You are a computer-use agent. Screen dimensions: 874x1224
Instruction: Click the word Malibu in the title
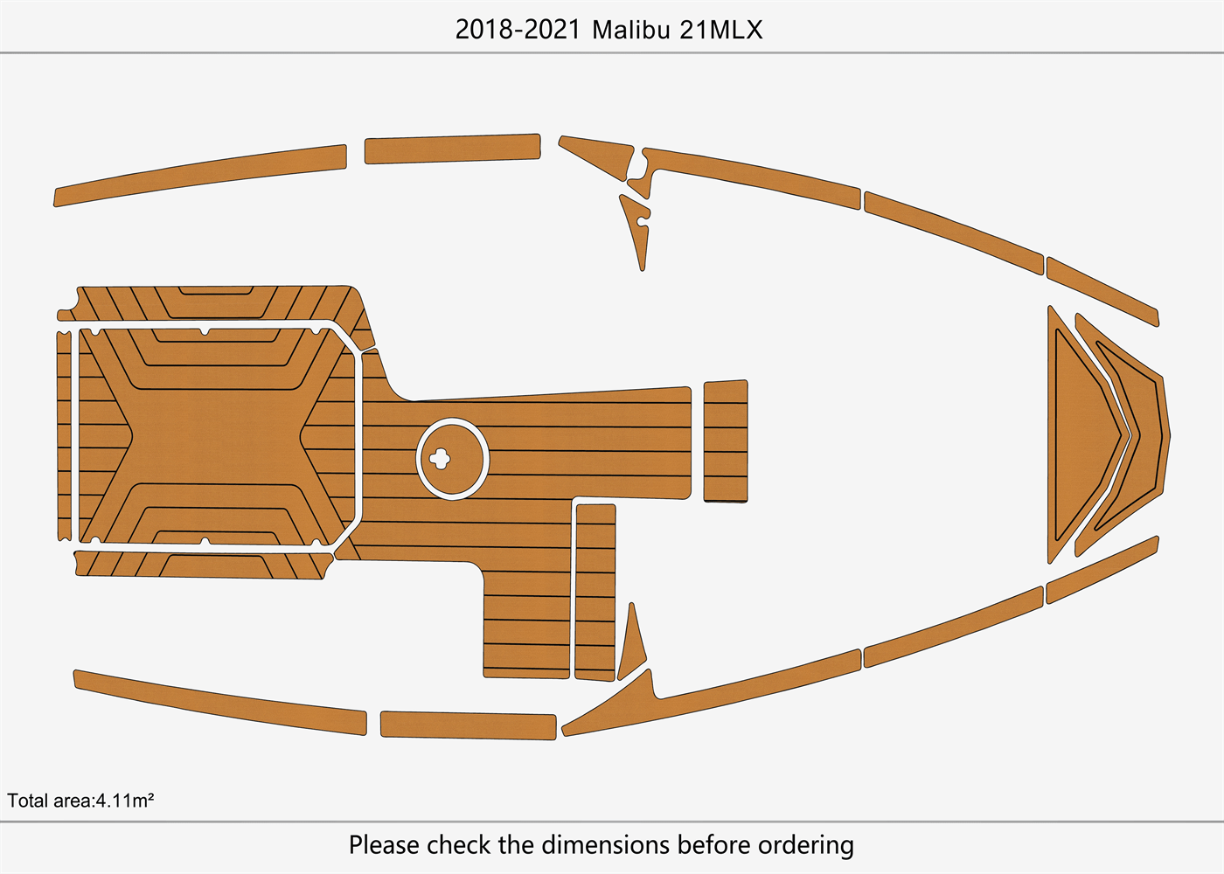pos(631,30)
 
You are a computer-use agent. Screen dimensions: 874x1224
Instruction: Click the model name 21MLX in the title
pos(720,30)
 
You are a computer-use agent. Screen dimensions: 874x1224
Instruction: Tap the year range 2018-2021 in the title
pos(518,30)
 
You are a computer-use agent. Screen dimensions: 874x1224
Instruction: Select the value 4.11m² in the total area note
pos(125,801)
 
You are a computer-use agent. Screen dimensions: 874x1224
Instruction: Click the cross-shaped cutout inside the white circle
pos(440,458)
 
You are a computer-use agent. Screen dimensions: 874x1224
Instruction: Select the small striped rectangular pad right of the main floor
pos(726,440)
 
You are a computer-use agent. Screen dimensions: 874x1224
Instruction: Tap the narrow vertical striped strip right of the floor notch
pos(595,591)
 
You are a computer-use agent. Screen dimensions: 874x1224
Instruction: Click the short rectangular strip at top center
pos(452,149)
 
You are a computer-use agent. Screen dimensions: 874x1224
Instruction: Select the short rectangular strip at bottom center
pos(468,725)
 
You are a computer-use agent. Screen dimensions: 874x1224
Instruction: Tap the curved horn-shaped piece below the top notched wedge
pos(636,229)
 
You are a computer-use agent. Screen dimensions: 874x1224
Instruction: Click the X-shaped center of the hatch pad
pos(216,434)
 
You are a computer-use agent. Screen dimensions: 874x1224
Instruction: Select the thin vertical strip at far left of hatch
pos(64,434)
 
